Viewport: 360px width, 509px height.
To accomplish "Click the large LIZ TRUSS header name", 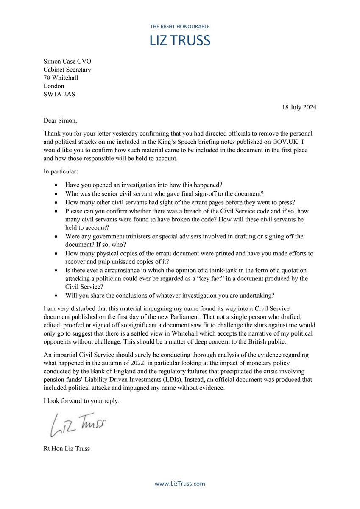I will [180, 40].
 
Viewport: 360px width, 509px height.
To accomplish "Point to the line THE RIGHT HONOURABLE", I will [180, 26].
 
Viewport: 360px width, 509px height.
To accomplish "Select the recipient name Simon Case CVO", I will [67, 62].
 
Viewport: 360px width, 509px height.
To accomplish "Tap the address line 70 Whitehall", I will [61, 78].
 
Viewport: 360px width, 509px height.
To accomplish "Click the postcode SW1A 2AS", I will [59, 94].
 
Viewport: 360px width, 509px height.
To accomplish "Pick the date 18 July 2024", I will [299, 107].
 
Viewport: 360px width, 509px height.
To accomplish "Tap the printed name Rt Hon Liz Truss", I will [67, 448].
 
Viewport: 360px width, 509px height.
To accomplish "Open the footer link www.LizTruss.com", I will [180, 484].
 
